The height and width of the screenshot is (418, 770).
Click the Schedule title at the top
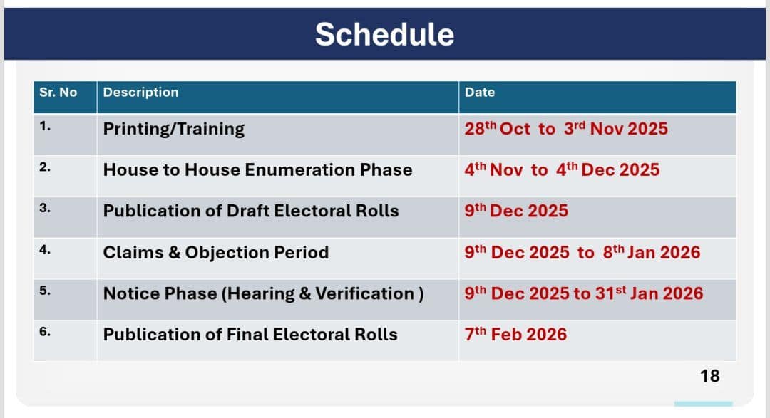pos(384,34)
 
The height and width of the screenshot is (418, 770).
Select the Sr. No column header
pos(58,93)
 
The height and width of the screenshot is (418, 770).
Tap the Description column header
pos(140,93)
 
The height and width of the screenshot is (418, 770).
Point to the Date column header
pos(480,93)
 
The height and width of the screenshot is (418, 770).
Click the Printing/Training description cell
pos(174,129)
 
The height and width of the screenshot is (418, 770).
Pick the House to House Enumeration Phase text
pos(258,169)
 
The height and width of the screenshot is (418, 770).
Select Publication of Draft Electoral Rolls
pos(251,211)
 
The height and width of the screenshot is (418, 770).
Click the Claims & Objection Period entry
pos(216,252)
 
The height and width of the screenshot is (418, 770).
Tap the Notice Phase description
pos(263,293)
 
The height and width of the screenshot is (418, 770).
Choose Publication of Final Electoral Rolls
pos(250,335)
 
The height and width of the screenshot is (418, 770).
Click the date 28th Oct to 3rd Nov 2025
pos(566,129)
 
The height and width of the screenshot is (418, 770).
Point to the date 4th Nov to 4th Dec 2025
pos(563,169)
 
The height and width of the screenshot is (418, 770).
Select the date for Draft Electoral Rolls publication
pos(517,211)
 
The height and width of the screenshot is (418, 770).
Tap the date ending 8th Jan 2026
pos(582,252)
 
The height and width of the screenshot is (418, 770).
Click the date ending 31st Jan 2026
pos(584,293)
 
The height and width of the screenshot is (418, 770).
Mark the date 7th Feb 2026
pos(515,335)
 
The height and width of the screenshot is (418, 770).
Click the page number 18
pos(710,376)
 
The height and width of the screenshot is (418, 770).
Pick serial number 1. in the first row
pos(45,126)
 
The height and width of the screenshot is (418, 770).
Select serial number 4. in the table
pos(45,250)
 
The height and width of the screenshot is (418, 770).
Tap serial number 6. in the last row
pos(45,332)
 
